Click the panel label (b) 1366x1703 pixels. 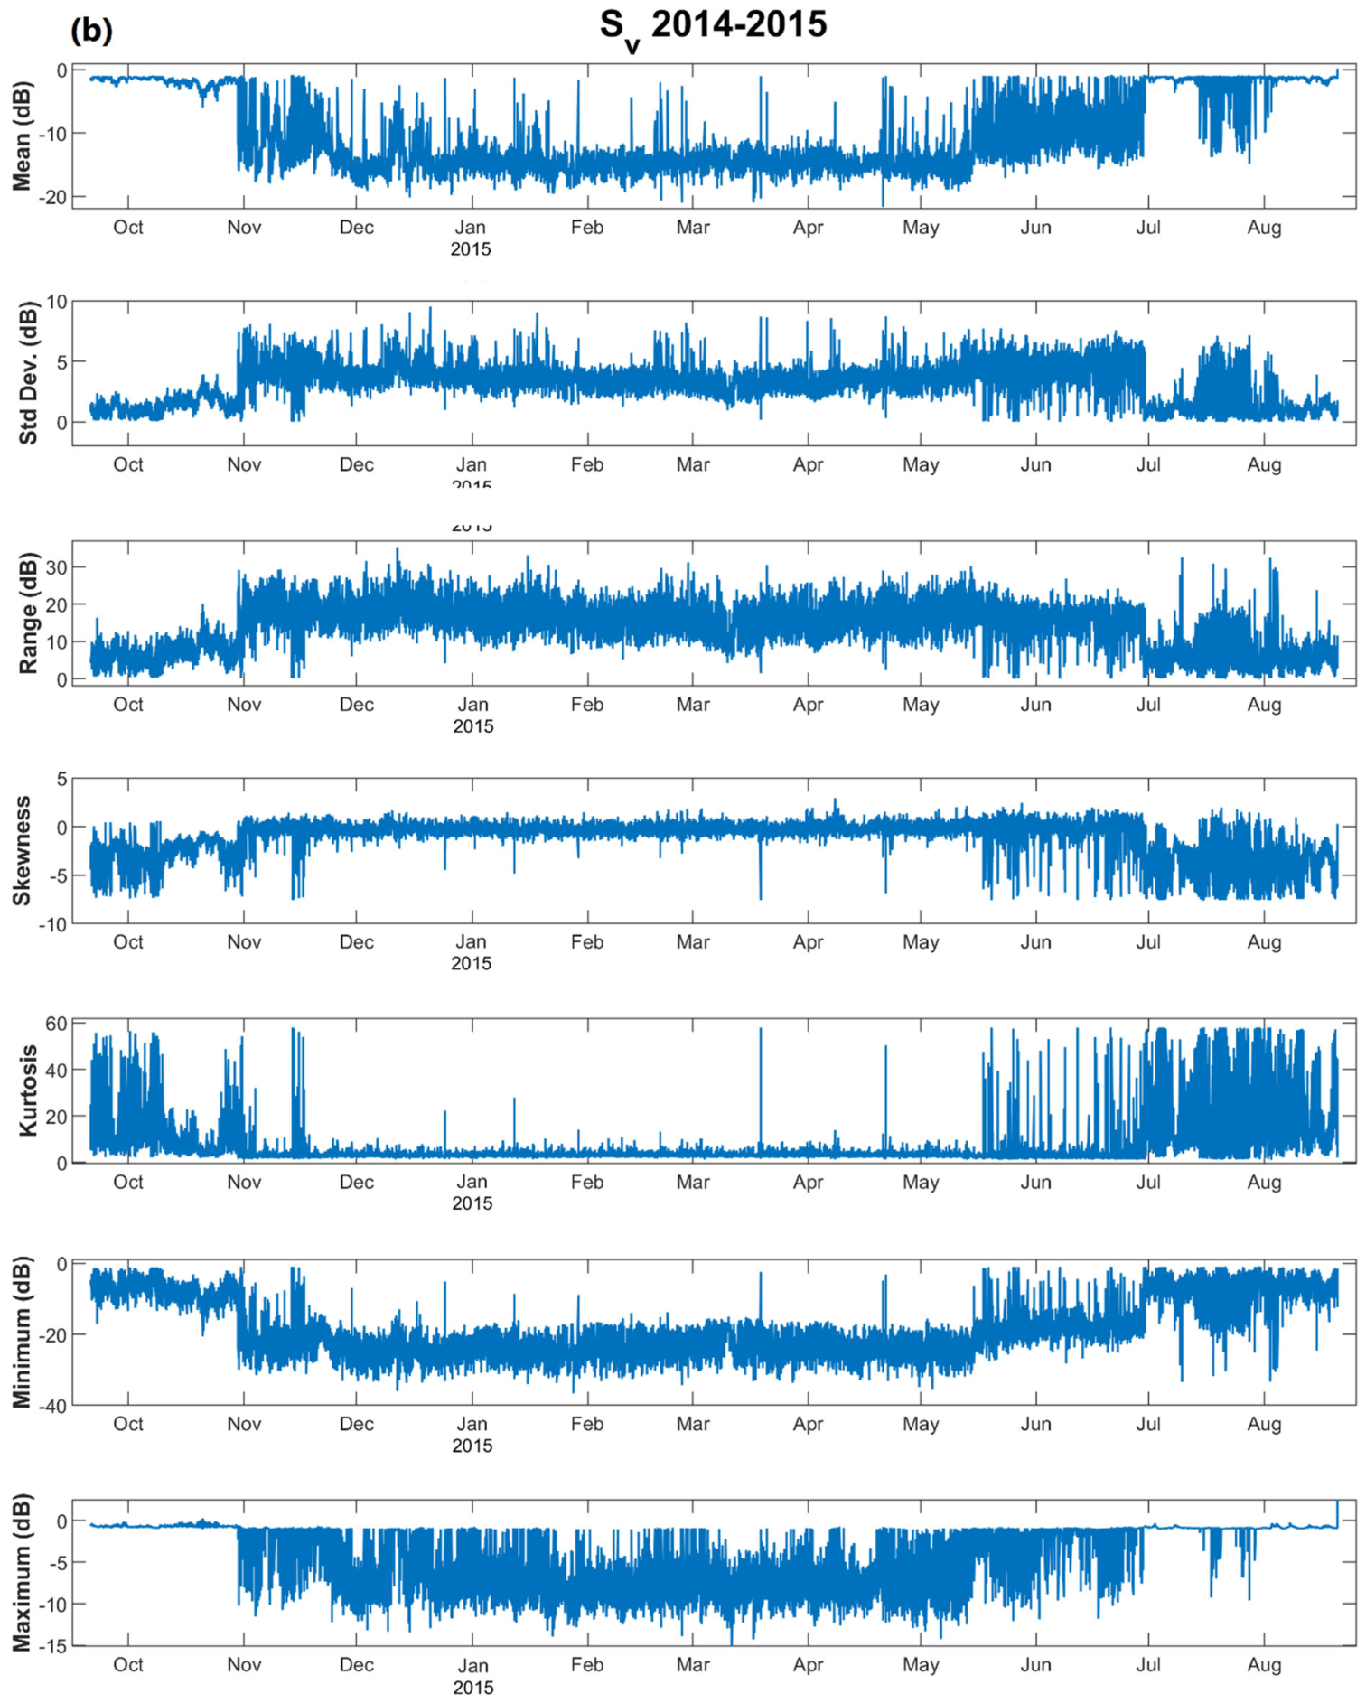pyautogui.click(x=91, y=30)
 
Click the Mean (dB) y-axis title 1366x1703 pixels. pyautogui.click(x=22, y=136)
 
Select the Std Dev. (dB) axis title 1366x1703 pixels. pyautogui.click(x=27, y=372)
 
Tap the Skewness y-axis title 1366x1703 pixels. pyautogui.click(x=22, y=850)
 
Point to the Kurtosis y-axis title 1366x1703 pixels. pyautogui.click(x=27, y=1090)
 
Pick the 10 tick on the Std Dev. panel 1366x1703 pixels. pyautogui.click(x=56, y=302)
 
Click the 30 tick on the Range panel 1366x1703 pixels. pyautogui.click(x=56, y=567)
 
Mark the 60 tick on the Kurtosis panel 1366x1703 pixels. pyautogui.click(x=56, y=1023)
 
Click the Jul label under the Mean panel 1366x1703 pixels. pyautogui.click(x=1148, y=228)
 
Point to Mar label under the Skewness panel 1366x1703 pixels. pyautogui.click(x=693, y=942)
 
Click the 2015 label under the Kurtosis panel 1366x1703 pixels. pyautogui.click(x=472, y=1203)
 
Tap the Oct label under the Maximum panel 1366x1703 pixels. pyautogui.click(x=127, y=1665)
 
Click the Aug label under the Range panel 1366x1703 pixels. pyautogui.click(x=1264, y=705)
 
